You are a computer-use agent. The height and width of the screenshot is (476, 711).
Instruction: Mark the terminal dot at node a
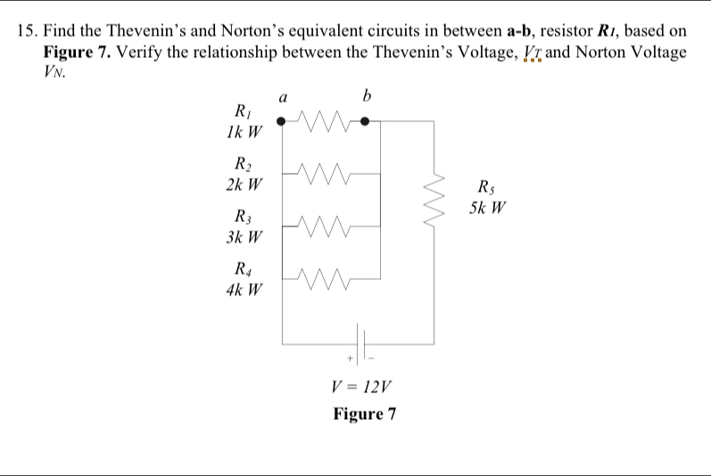(x=282, y=121)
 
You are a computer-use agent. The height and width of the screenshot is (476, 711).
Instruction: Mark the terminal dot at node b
(x=364, y=121)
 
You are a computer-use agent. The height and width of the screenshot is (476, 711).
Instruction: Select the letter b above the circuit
(x=366, y=94)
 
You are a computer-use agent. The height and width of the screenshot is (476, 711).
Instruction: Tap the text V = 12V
(x=360, y=387)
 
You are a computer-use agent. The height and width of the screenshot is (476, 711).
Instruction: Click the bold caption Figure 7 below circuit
(x=364, y=414)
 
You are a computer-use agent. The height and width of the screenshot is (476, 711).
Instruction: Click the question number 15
(x=28, y=32)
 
